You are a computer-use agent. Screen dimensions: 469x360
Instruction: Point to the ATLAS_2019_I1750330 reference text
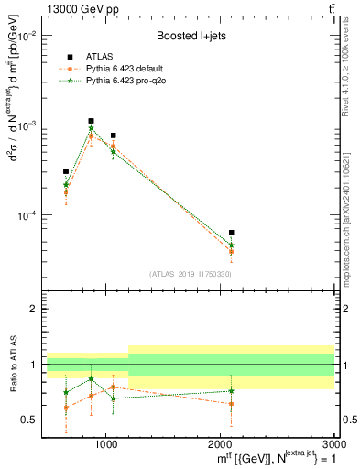coord(190,274)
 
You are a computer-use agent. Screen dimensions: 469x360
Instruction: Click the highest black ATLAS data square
coord(91,121)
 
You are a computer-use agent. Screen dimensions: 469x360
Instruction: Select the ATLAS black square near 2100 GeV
coord(231,233)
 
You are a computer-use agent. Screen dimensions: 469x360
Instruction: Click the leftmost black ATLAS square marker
coord(66,171)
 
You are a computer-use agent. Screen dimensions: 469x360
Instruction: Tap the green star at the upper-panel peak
coord(91,129)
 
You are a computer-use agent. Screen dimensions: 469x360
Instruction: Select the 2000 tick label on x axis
coord(220,442)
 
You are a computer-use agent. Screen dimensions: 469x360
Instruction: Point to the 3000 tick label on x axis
coord(332,442)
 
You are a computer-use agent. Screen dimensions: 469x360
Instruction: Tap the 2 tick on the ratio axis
coord(33,309)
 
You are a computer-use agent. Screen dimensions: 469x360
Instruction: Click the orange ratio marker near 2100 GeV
coord(231,403)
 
